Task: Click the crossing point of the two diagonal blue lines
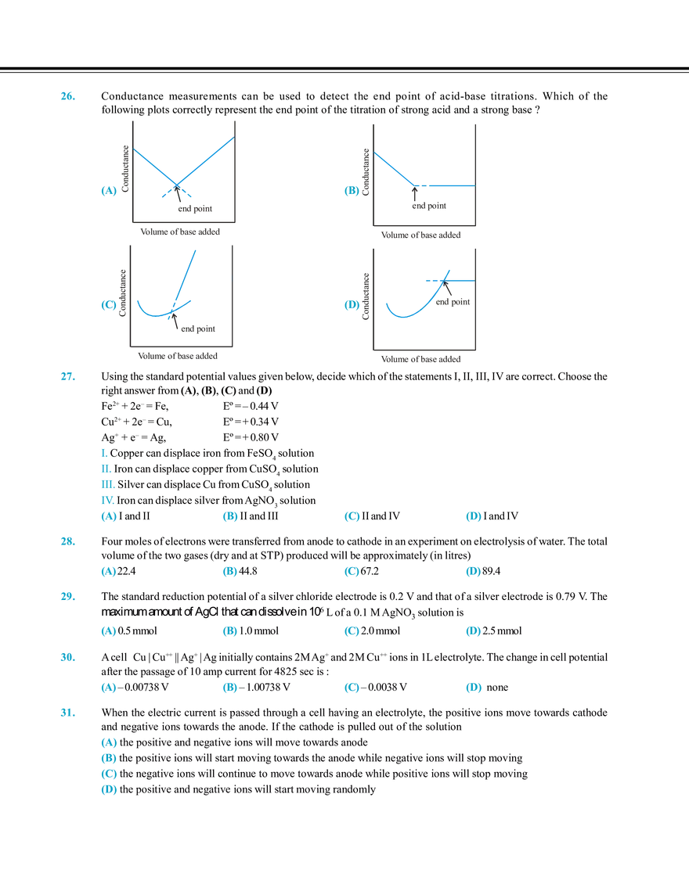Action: point(178,184)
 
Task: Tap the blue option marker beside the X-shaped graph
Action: point(109,191)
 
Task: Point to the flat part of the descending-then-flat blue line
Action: point(444,185)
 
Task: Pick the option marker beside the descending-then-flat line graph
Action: point(352,191)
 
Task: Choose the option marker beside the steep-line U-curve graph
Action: point(109,305)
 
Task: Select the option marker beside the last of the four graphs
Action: point(352,305)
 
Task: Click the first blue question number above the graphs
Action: point(66,97)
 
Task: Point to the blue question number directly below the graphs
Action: point(66,377)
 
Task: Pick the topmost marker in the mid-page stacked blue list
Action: point(101,450)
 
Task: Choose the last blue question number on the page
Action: point(67,712)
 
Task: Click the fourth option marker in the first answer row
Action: point(472,516)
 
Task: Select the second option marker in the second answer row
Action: point(229,573)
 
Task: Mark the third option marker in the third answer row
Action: point(352,631)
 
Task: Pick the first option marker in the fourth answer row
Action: point(109,688)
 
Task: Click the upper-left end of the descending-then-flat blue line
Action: point(377,153)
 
